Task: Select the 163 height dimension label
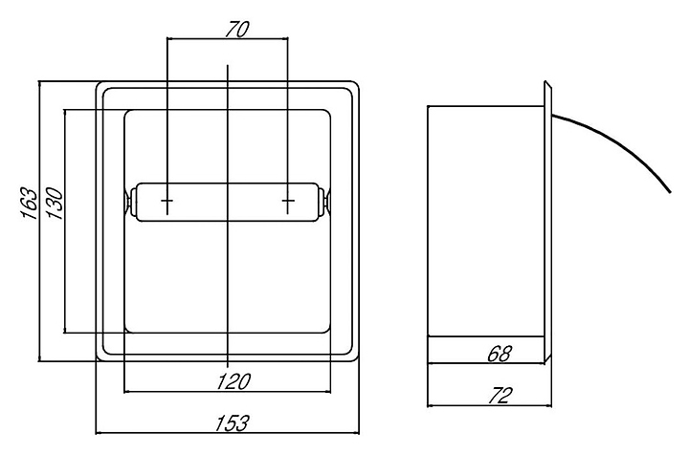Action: coord(31,204)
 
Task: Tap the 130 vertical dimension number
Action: coord(55,204)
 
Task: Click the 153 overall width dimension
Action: coord(228,422)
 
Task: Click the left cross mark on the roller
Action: coord(167,202)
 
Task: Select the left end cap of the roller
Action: coord(128,203)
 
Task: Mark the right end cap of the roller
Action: coord(327,203)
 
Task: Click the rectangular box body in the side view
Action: coord(483,220)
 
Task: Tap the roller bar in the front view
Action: coord(228,203)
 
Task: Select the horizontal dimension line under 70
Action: coord(228,40)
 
